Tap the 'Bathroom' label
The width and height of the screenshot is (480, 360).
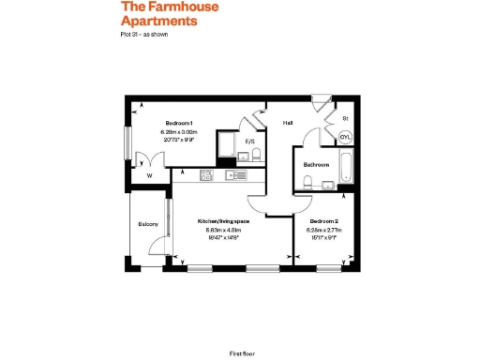click(x=315, y=164)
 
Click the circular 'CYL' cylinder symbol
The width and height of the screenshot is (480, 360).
click(x=344, y=135)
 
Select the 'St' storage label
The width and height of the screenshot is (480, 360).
click(x=345, y=119)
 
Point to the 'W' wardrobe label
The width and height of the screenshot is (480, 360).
click(x=148, y=174)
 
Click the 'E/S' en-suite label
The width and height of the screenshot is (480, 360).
click(x=250, y=142)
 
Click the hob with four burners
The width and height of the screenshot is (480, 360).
click(x=207, y=174)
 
